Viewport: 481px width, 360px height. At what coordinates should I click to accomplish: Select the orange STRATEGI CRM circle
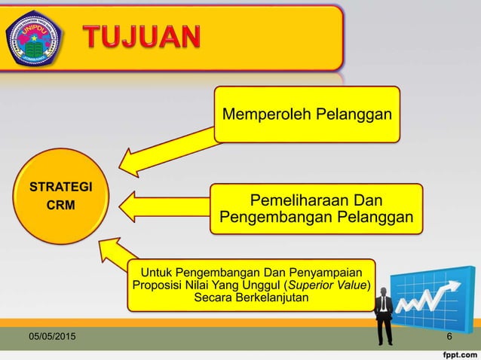click(61, 195)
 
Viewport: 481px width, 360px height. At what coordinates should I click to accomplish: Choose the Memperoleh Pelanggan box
click(307, 114)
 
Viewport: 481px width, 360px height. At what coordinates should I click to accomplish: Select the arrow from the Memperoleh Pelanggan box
click(167, 151)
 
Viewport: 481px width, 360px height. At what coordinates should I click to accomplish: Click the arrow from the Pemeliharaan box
click(162, 206)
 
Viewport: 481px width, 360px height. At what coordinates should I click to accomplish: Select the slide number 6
click(449, 336)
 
